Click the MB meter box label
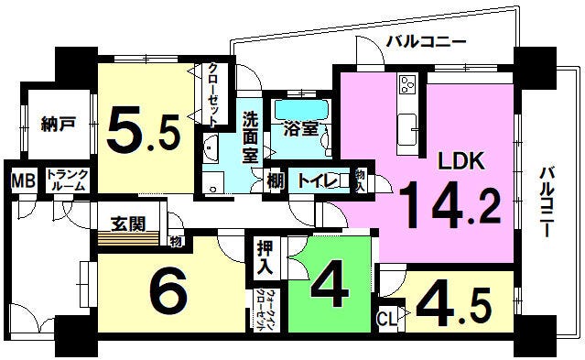coord(22,180)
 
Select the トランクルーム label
coord(67,180)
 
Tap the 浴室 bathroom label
coord(301,129)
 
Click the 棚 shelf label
coord(275,180)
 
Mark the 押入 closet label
coord(265,259)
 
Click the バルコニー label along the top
coord(426,41)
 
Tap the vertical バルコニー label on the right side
coord(547,202)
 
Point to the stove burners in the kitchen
coord(406,88)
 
